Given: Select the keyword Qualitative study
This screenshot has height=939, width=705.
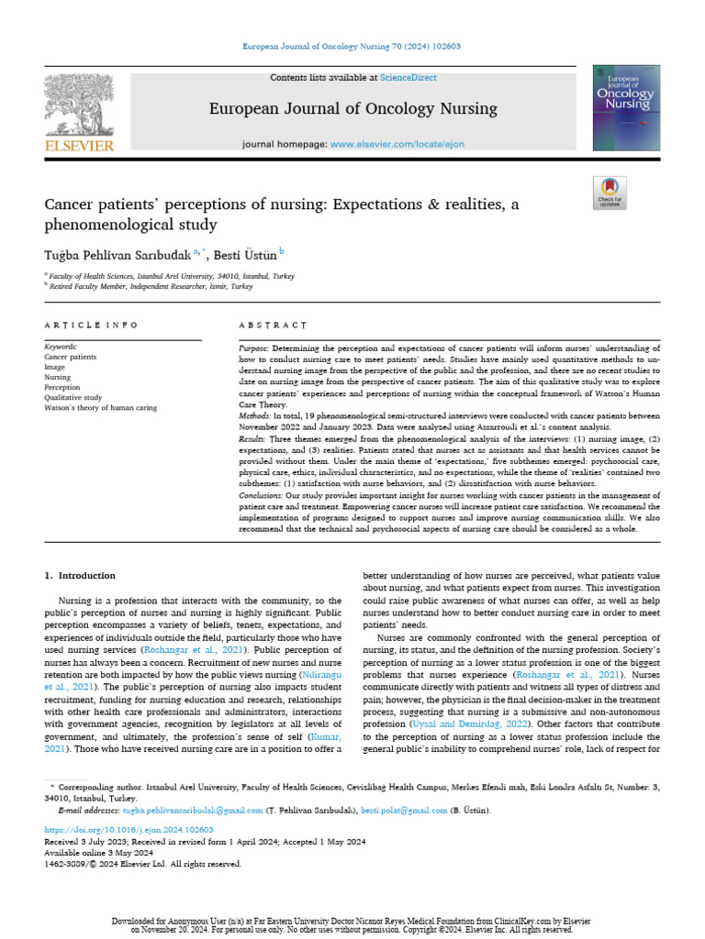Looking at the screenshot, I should coord(73,398).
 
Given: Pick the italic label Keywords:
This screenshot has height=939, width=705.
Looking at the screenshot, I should coord(62,348).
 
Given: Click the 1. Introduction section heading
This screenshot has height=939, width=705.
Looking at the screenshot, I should coord(81,576).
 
